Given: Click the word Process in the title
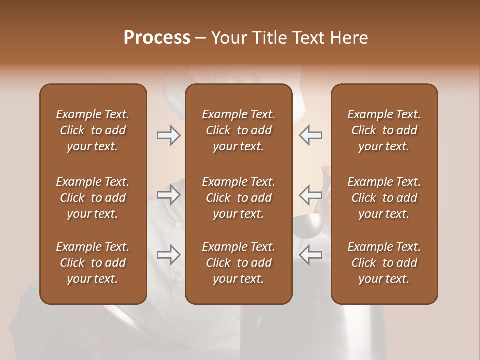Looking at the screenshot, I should [157, 38].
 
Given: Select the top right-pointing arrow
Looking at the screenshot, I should [168, 135].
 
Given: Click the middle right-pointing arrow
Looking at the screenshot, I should [168, 195].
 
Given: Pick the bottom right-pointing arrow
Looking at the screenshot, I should [168, 255].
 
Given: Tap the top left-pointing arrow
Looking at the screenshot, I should [311, 135].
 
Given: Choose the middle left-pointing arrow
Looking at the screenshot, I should [311, 195].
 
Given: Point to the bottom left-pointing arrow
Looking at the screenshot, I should [311, 255].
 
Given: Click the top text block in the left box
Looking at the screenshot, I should [93, 130].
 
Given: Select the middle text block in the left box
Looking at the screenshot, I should [93, 198].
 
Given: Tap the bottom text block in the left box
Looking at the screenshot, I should [93, 263].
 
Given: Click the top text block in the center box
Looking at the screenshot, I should [238, 130].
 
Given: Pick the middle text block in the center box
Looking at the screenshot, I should [238, 198].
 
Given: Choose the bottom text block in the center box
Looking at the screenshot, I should [238, 263].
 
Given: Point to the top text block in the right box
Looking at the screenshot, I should [384, 130].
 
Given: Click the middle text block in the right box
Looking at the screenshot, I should [384, 198].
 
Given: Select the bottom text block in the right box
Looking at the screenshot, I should [384, 263].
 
